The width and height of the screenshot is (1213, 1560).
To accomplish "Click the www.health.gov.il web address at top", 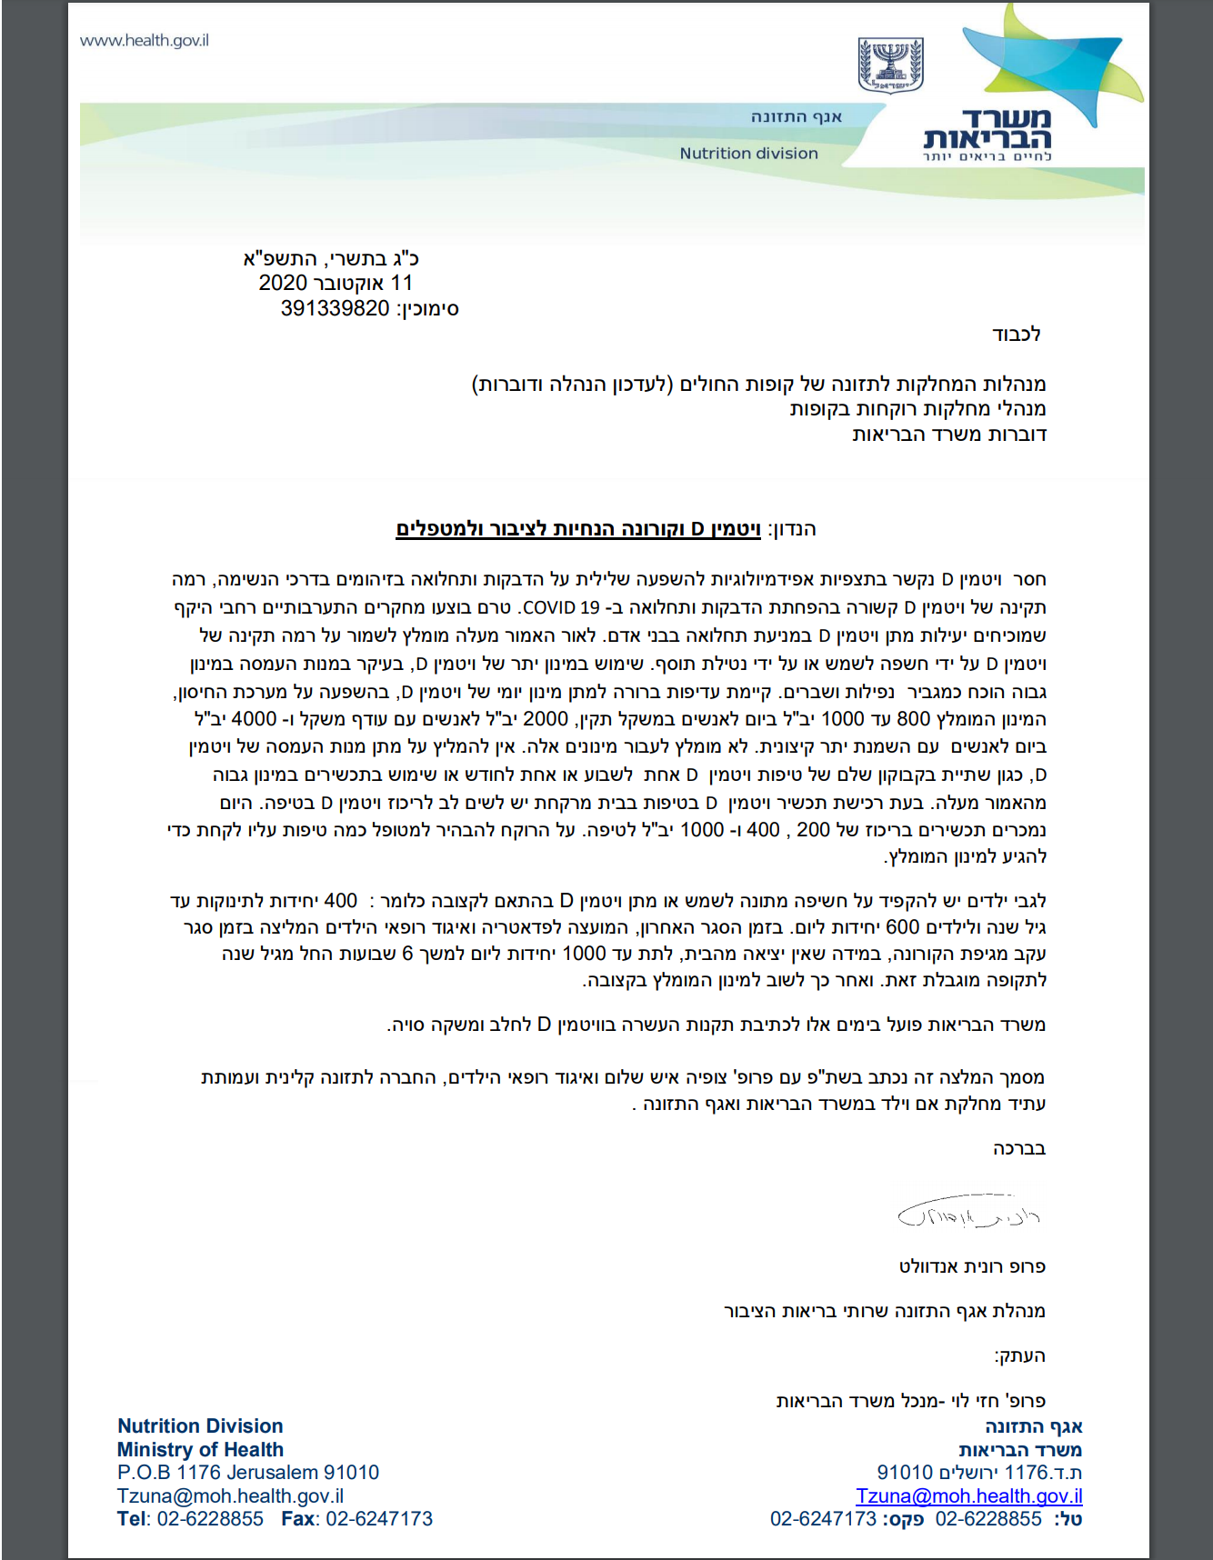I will (145, 41).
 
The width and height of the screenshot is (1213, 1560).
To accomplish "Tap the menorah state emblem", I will (890, 65).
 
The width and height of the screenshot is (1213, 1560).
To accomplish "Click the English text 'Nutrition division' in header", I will (748, 154).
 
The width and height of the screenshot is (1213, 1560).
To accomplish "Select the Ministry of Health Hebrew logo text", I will (987, 130).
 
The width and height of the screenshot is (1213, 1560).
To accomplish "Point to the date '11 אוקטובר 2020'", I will (336, 284).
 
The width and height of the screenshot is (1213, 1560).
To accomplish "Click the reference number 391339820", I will (335, 309).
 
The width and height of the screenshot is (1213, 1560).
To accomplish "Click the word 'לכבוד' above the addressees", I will (1017, 335).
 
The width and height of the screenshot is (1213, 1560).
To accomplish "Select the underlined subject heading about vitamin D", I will (578, 529).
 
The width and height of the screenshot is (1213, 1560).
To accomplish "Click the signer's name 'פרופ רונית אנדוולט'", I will (972, 1266).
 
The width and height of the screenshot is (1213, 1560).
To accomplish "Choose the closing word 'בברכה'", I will (1019, 1149).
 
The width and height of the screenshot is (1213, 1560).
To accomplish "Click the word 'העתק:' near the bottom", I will (1019, 1356).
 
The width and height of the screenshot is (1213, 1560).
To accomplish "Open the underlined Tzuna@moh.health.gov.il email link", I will (968, 1496).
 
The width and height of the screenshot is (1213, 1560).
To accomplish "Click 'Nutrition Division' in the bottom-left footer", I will (200, 1426).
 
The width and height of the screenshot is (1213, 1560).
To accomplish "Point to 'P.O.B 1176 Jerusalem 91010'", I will (247, 1473).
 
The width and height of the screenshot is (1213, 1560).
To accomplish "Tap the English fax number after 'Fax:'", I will (379, 1519).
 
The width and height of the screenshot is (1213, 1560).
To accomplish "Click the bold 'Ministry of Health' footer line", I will (200, 1450).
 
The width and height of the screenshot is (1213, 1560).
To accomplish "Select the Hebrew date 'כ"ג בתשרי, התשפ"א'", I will (331, 259).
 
